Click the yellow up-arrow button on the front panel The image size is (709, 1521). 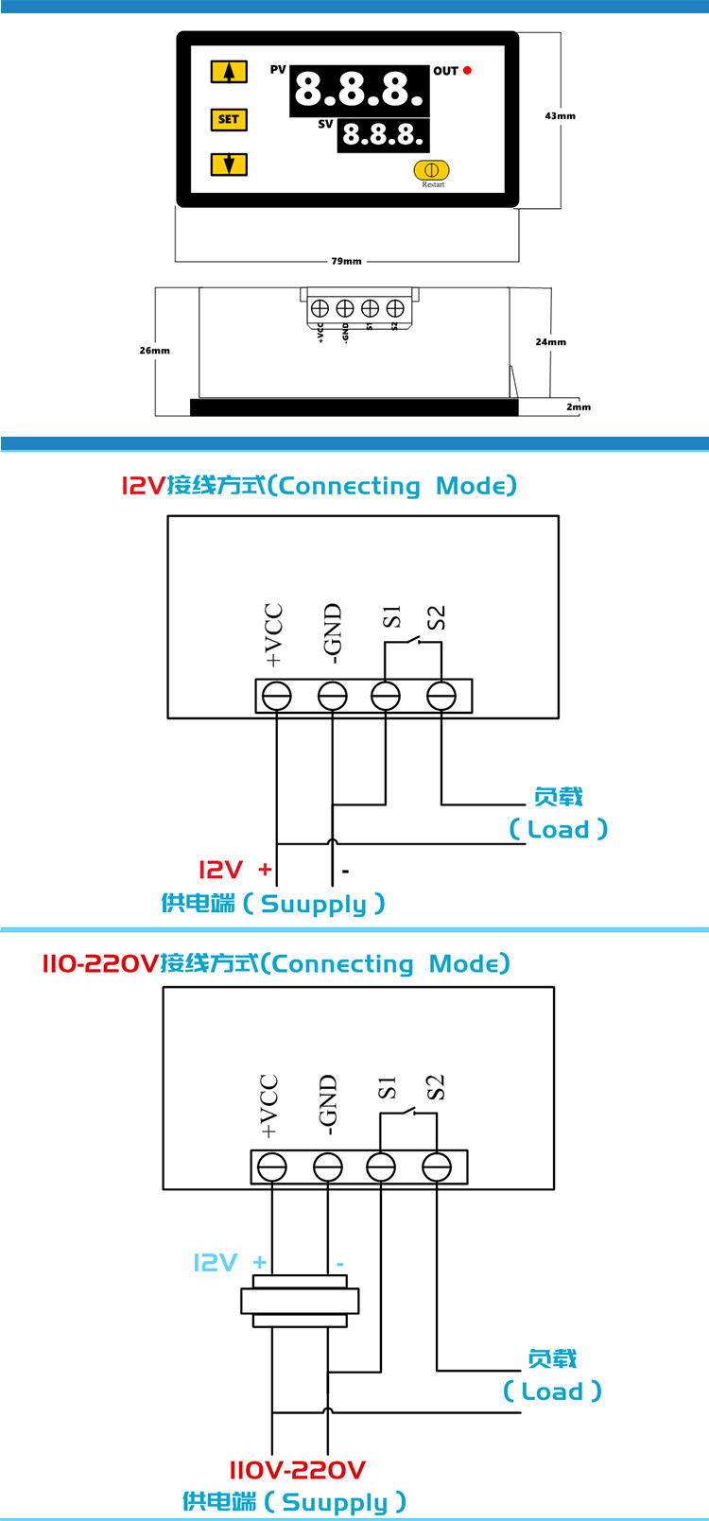[x=229, y=72]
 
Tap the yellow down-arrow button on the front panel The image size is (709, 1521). [x=229, y=164]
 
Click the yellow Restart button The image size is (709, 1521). [x=431, y=171]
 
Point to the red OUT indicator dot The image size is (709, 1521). [x=467, y=71]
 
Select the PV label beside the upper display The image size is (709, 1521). [x=278, y=70]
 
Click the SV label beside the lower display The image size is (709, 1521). [x=325, y=124]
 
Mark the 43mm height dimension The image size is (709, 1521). [x=560, y=116]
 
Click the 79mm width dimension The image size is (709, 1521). [x=346, y=261]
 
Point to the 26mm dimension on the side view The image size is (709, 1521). [x=155, y=351]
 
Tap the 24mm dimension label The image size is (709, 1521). [x=550, y=342]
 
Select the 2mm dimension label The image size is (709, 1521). [x=579, y=407]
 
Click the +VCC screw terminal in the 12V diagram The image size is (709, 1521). [x=276, y=697]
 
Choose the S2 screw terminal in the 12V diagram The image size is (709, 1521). [x=441, y=697]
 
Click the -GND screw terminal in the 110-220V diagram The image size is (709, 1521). [x=328, y=1167]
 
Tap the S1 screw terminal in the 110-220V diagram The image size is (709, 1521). [x=381, y=1167]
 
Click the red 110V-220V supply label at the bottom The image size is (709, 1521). [x=297, y=1470]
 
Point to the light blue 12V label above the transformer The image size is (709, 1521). [x=216, y=1263]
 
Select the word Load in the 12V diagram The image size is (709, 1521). [x=558, y=830]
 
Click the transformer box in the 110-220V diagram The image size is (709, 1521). [x=300, y=1301]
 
